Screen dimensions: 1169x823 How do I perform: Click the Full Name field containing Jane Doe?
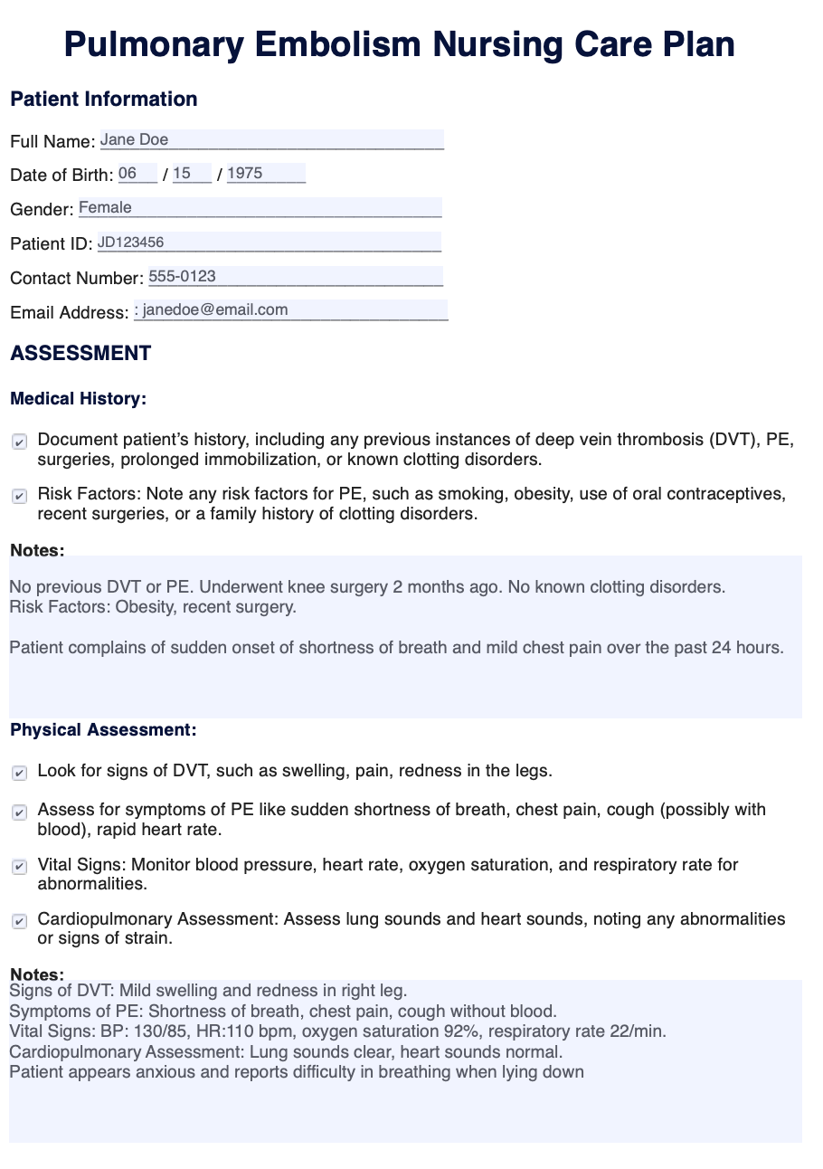point(271,140)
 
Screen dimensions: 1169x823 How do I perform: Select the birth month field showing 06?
point(137,174)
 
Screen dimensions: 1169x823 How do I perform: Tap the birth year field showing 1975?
point(266,174)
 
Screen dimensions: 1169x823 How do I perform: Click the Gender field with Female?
point(260,208)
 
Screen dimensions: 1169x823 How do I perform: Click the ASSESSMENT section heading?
point(80,354)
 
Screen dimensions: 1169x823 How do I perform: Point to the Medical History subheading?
point(78,398)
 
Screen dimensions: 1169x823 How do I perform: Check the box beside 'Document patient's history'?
point(19,442)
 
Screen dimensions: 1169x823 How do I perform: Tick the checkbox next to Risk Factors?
point(19,497)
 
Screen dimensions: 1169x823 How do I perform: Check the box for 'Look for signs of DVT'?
point(19,774)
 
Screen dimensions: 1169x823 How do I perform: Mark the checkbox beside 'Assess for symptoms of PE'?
point(19,813)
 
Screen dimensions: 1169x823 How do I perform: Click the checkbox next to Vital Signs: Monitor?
point(19,867)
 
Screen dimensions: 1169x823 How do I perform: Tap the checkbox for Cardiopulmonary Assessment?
point(19,921)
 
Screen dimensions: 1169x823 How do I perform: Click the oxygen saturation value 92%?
point(492,1031)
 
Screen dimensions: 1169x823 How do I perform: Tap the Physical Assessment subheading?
point(103,730)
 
